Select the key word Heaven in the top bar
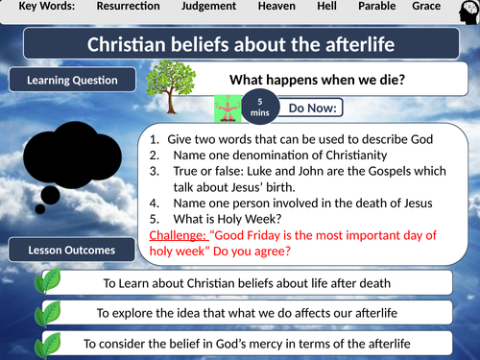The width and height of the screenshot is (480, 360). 278,8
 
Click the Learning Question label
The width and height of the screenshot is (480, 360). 73,80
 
